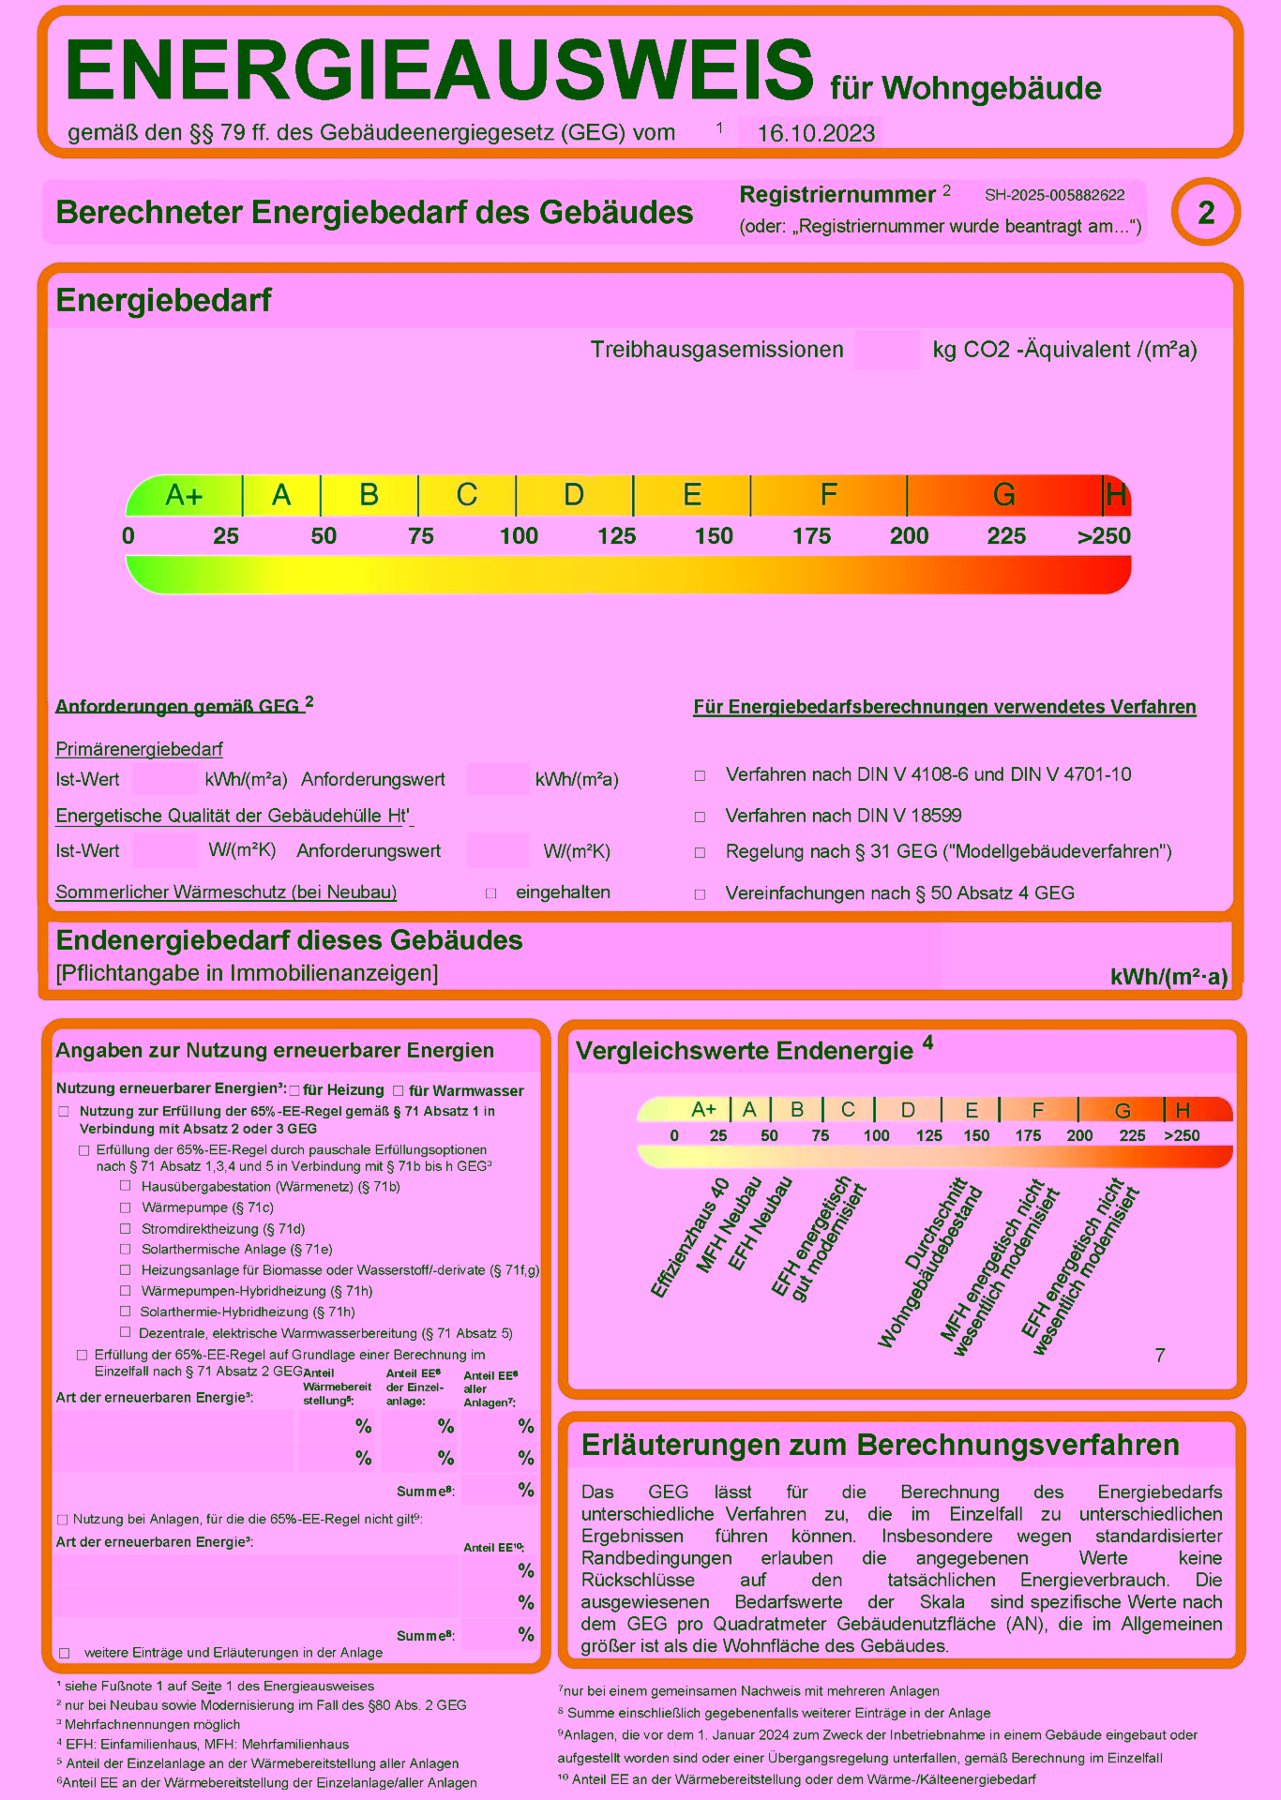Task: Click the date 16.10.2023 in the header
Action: (x=815, y=133)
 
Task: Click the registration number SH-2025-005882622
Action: (x=1054, y=195)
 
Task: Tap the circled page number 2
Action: (x=1206, y=212)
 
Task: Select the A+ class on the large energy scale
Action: (x=184, y=495)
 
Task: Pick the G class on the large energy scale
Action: (x=1003, y=495)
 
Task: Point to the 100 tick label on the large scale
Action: (x=519, y=536)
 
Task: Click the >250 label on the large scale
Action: (x=1104, y=536)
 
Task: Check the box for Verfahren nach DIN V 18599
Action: (x=700, y=817)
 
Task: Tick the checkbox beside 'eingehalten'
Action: (x=490, y=893)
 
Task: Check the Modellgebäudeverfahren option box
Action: (x=700, y=853)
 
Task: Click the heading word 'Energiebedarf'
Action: (x=163, y=300)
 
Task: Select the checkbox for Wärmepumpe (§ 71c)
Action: (x=126, y=1207)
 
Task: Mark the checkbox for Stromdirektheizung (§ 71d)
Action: (x=126, y=1228)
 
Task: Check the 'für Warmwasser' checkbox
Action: (x=399, y=1090)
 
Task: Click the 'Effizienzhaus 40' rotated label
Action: (x=690, y=1237)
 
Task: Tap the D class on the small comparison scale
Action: (x=907, y=1110)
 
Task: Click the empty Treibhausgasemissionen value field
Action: (x=886, y=350)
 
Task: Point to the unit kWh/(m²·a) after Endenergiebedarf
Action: (x=1168, y=977)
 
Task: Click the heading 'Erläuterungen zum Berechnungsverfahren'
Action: (x=880, y=1445)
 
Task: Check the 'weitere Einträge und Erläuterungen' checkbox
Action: (x=65, y=1653)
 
